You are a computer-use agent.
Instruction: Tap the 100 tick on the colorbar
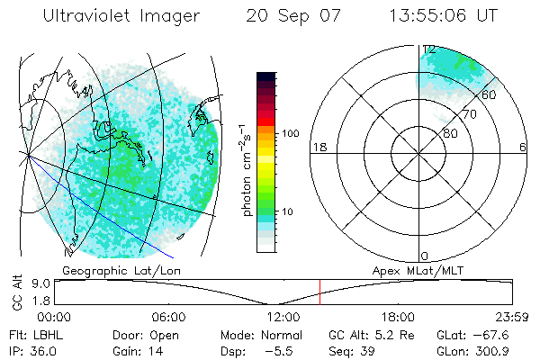click(x=289, y=133)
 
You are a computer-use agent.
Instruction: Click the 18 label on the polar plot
click(x=318, y=147)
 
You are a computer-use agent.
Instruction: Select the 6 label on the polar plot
click(x=523, y=147)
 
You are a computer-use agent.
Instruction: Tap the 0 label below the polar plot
click(x=426, y=256)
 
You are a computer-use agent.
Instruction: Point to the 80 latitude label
click(x=451, y=132)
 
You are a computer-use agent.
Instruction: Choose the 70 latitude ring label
click(x=467, y=115)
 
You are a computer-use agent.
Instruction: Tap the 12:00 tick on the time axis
click(x=283, y=317)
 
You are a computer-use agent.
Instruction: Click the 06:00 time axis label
click(x=168, y=317)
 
